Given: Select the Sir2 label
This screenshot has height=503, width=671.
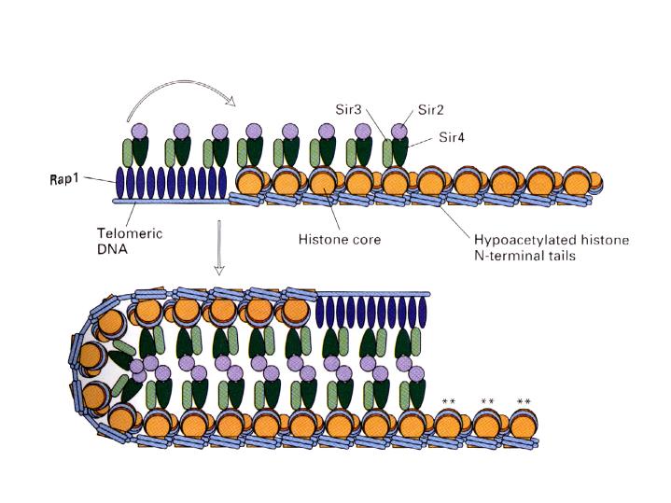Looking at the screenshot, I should tap(430, 109).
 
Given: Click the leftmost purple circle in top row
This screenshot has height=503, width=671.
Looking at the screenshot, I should tap(140, 133).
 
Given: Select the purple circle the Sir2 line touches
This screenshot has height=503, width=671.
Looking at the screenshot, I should tap(398, 133).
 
